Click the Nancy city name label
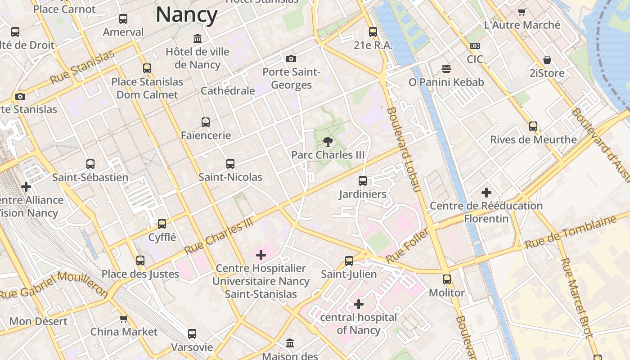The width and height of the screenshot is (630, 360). pyautogui.click(x=187, y=15)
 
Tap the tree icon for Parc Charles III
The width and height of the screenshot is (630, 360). pyautogui.click(x=328, y=142)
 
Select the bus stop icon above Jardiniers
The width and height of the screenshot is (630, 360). pyautogui.click(x=363, y=181)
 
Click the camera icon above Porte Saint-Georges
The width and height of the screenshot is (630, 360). pyautogui.click(x=291, y=58)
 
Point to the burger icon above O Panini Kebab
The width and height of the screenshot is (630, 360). pyautogui.click(x=446, y=69)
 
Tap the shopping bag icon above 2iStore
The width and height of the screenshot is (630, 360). pyautogui.click(x=547, y=60)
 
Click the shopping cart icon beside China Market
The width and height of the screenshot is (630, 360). pyautogui.click(x=123, y=319)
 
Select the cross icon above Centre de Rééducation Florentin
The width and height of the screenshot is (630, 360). pyautogui.click(x=486, y=193)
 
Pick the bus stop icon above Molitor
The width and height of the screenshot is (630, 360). pyautogui.click(x=446, y=279)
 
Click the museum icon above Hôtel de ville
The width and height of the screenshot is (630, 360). pyautogui.click(x=197, y=38)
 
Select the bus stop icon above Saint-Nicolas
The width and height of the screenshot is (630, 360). pyautogui.click(x=230, y=164)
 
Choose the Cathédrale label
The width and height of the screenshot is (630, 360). pyautogui.click(x=228, y=91)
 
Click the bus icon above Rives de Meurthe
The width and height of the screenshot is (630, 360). pyautogui.click(x=533, y=126)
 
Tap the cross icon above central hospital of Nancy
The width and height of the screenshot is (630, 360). pyautogui.click(x=359, y=305)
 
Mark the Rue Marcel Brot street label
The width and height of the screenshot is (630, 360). pyautogui.click(x=576, y=297)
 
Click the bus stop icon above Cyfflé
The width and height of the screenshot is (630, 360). pyautogui.click(x=162, y=224)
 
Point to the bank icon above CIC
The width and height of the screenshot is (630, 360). pyautogui.click(x=475, y=46)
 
